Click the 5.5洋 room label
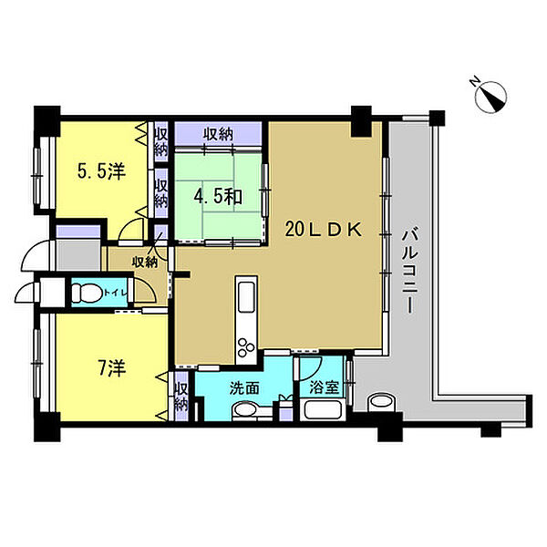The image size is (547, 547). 101,171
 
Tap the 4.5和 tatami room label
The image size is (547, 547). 218,197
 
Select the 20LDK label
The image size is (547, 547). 324,229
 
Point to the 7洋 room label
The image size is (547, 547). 112,368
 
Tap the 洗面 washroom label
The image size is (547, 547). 244,388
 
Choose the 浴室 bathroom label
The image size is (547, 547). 324,387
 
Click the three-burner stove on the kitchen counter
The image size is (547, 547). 246,346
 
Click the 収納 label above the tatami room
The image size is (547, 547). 219,134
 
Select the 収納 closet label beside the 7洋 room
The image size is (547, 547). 181,397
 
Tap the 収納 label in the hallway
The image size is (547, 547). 145,262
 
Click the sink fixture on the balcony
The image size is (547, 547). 381,402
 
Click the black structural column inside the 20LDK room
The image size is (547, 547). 361,121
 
